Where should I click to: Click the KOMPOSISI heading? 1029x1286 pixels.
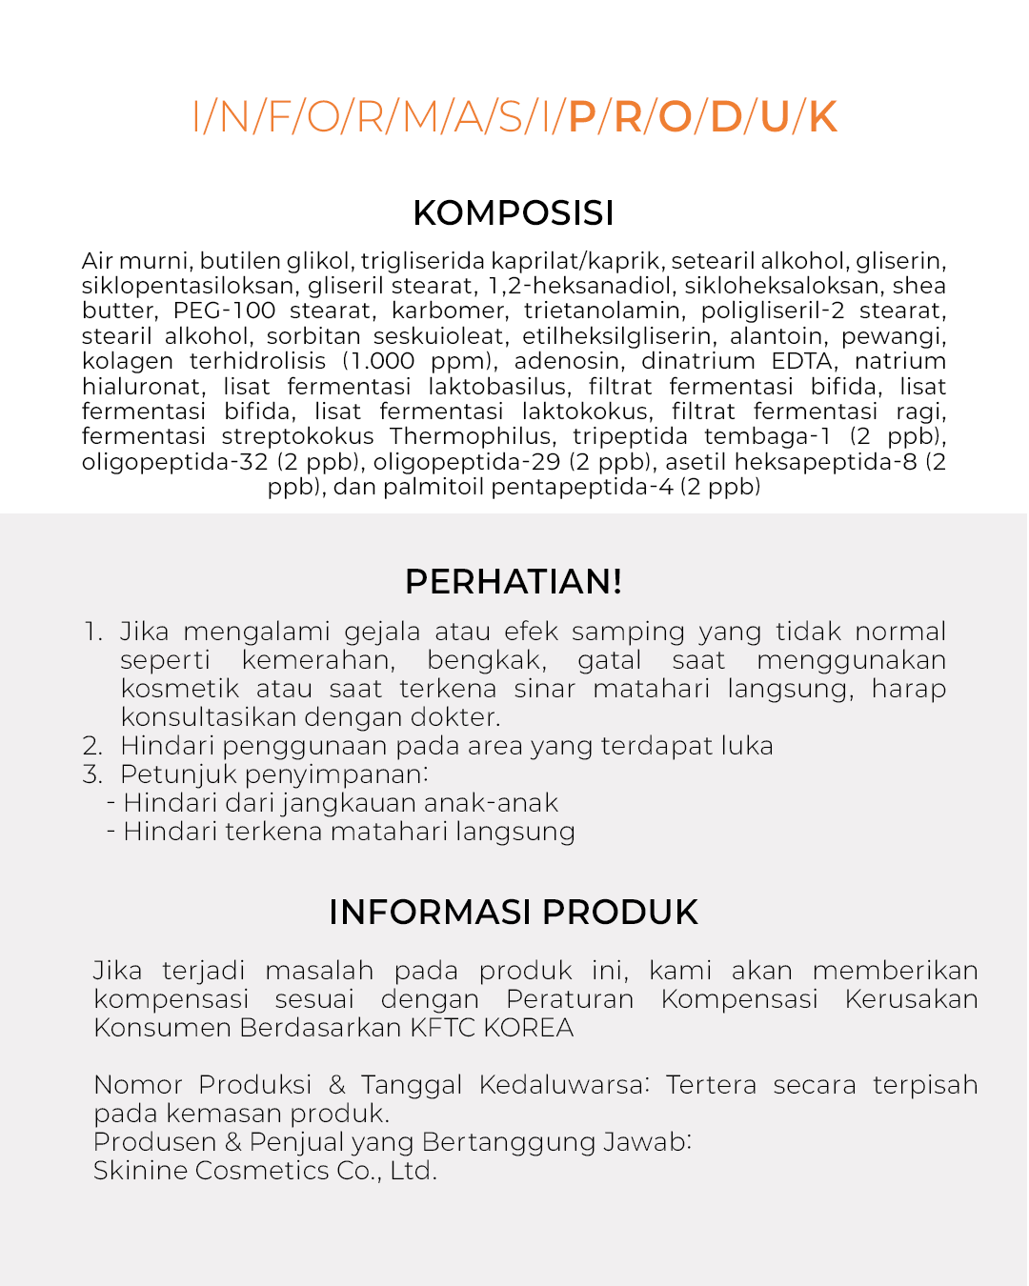click(x=514, y=213)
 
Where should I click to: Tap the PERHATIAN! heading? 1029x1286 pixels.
click(x=514, y=581)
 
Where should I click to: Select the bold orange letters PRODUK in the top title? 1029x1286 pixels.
click(x=702, y=117)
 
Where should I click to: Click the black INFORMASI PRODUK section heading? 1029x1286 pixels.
click(x=514, y=912)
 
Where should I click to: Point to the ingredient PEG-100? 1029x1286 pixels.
click(x=224, y=311)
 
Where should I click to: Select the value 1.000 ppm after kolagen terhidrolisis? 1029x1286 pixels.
click(x=419, y=361)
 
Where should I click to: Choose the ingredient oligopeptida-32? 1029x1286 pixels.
click(x=175, y=462)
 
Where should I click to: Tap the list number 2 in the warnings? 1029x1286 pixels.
click(x=92, y=746)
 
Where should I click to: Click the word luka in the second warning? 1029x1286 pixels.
click(x=747, y=746)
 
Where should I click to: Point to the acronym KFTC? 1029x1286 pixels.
click(x=443, y=1028)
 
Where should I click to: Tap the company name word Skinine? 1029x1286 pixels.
click(x=140, y=1171)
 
